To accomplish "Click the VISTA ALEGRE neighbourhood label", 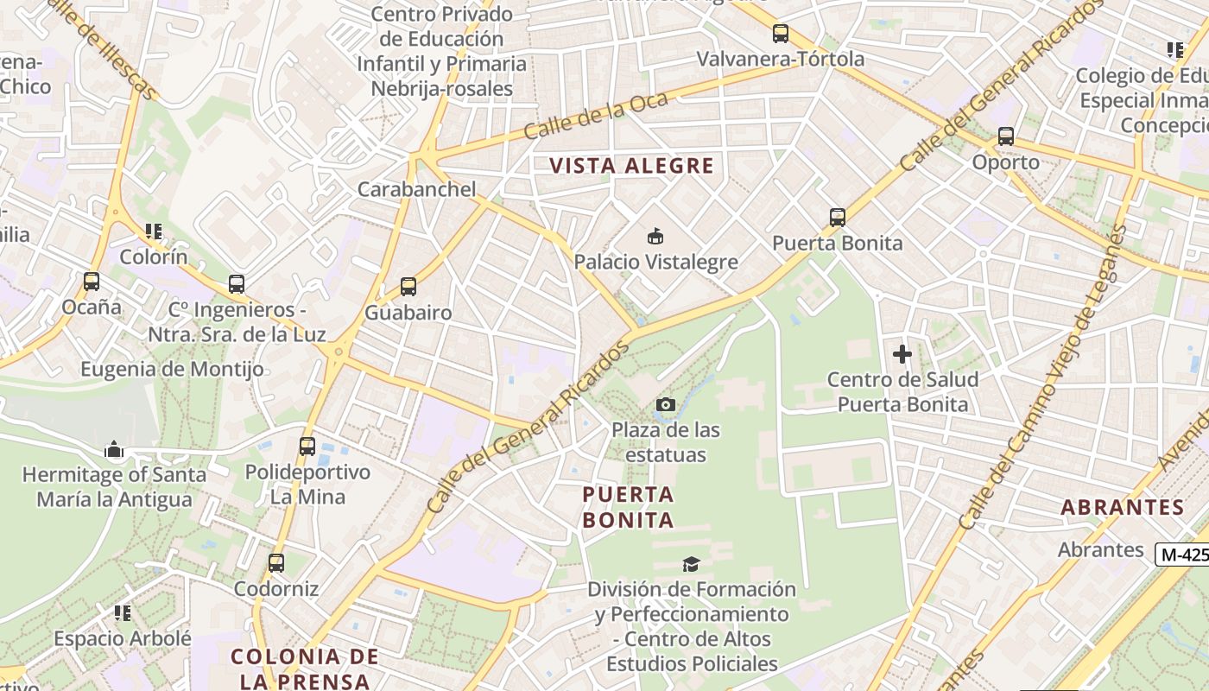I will pos(633,166).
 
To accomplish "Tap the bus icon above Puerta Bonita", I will pos(837,217).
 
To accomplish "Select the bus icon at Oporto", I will pos(1005,136).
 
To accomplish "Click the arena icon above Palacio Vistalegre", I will pos(655,236).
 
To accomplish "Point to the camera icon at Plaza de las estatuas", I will pos(665,404).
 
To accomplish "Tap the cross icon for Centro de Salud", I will pos(902,353).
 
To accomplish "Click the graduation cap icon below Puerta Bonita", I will pos(691,564).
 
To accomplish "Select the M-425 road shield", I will pos(1183,555).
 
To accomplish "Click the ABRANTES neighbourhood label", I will pos(1122,508).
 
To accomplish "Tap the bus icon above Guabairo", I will pos(408,287).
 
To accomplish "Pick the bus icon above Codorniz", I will pos(276,563).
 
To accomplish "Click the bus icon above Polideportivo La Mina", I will pos(307,447).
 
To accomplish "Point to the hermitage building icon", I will pos(114,449).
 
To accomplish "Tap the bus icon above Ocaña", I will pos(92,282).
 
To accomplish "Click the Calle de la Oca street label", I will pos(596,117).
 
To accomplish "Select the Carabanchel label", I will pos(416,189).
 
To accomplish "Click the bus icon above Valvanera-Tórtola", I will pos(781,34).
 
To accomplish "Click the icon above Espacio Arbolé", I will pos(123,613).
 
